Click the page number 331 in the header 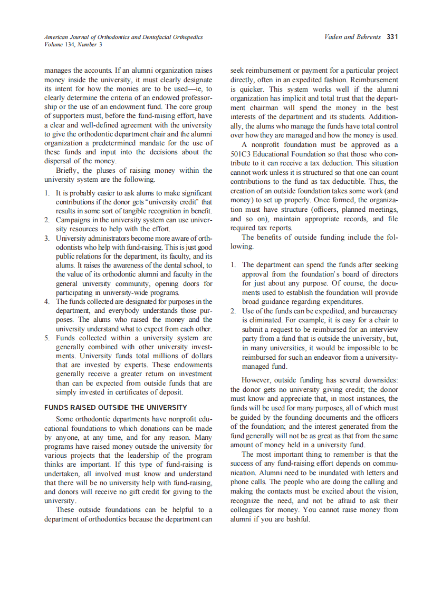pyautogui.click(x=392, y=37)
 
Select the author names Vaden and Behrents pyautogui.click(x=354, y=37)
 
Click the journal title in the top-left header pyautogui.click(x=123, y=37)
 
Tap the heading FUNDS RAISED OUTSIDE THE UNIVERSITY pyautogui.click(x=116, y=407)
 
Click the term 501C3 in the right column pyautogui.click(x=243, y=154)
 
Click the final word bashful pyautogui.click(x=294, y=518)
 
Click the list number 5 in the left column pyautogui.click(x=46, y=338)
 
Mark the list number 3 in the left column pyautogui.click(x=46, y=238)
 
